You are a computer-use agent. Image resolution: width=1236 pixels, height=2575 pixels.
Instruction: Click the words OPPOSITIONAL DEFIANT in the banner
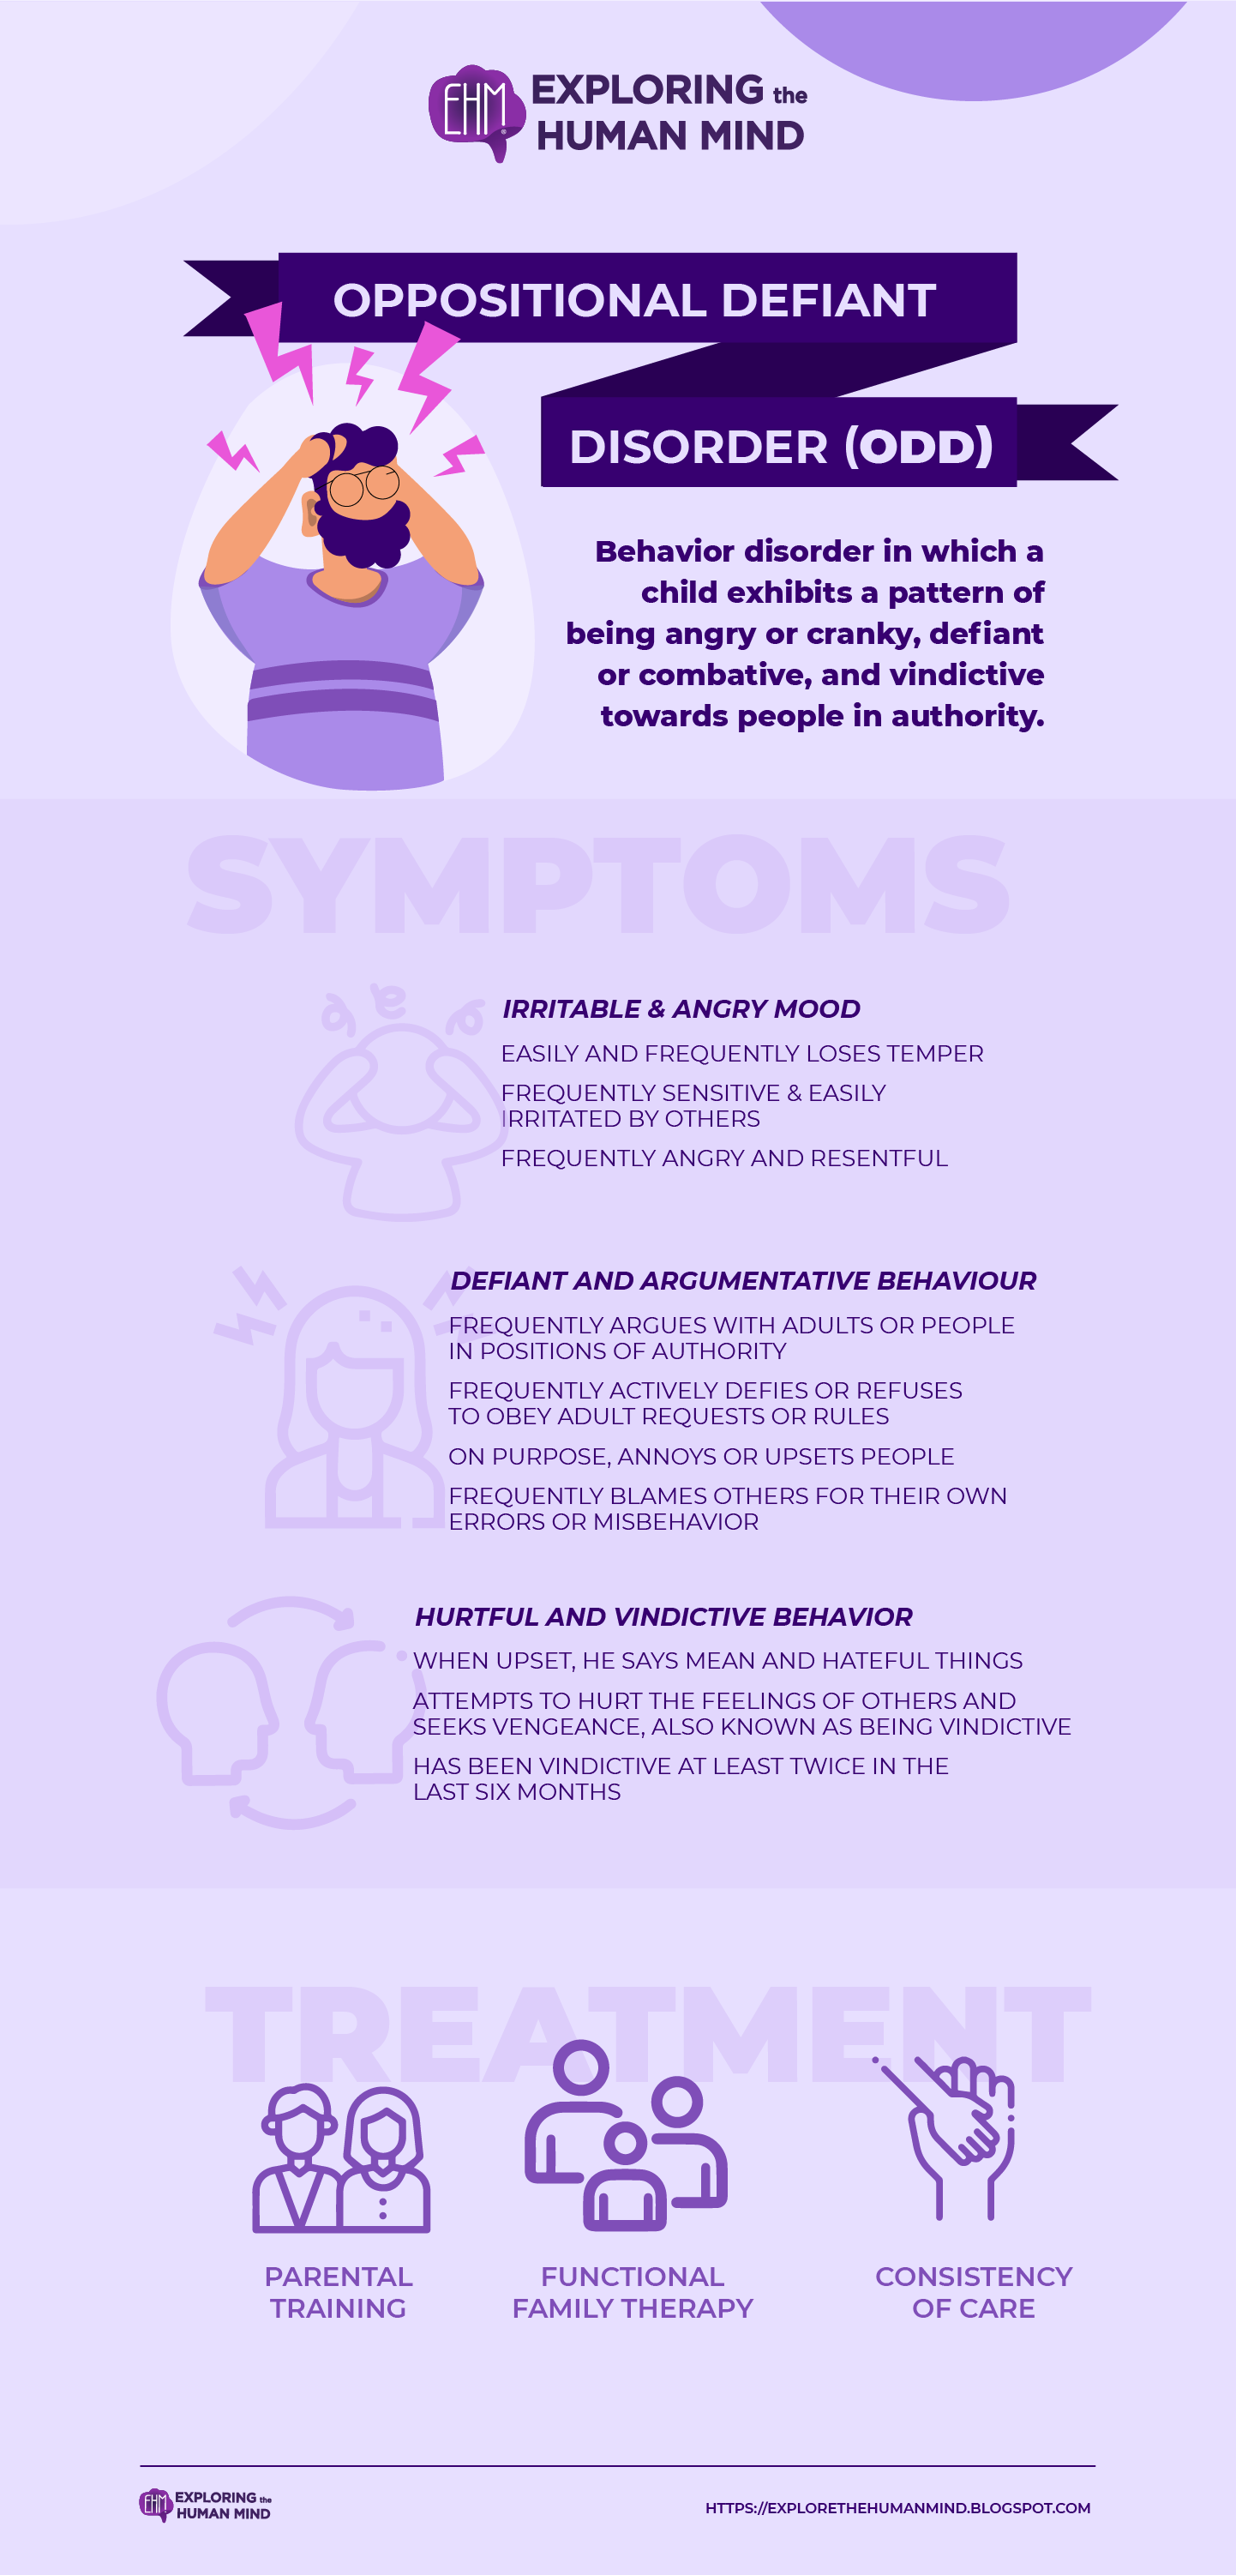634,300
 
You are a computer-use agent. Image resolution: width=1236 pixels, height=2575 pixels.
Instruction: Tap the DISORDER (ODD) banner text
780,446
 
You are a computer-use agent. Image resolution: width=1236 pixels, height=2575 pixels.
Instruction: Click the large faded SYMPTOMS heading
597,885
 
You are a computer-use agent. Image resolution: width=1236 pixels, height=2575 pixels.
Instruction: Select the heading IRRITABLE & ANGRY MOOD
681,1008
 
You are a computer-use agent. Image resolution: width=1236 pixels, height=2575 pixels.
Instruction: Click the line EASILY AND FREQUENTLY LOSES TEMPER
741,1054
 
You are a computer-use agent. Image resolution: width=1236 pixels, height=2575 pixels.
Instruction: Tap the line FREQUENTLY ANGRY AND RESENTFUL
723,1158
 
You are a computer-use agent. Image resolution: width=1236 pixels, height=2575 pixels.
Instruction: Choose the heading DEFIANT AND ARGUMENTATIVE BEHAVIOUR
742,1280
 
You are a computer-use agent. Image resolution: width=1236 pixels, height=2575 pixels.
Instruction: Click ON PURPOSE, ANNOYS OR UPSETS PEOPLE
700,1457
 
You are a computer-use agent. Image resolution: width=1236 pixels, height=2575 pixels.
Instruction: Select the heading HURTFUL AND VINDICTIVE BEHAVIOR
663,1616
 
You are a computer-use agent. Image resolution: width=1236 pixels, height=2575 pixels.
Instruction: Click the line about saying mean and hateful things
717,1660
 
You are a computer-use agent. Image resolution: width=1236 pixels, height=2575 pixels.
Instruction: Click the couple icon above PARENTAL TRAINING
341,2159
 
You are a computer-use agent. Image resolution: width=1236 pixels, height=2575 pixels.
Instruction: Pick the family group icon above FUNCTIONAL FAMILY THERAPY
627,2139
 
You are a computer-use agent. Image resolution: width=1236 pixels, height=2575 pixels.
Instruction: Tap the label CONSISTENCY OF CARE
973,2292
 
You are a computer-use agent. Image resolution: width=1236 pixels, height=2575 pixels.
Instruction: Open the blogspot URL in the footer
897,2508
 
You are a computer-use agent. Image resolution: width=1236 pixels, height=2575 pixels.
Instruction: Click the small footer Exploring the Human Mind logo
205,2505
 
